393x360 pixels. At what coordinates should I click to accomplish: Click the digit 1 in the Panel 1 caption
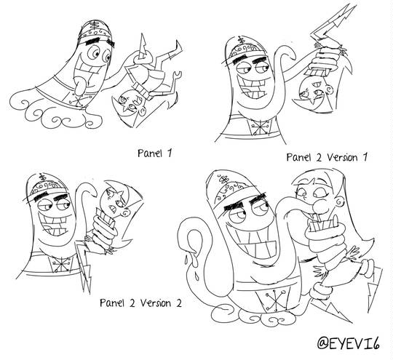click(170, 153)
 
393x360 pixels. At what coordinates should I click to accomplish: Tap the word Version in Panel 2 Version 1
click(342, 158)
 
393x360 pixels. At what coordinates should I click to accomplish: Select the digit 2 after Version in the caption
click(178, 303)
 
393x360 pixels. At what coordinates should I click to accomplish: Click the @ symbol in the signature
click(322, 343)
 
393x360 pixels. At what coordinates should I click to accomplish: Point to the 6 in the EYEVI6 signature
click(375, 343)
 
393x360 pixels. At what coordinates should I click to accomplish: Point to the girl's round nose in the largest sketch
click(319, 206)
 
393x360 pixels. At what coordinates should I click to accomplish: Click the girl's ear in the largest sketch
click(340, 201)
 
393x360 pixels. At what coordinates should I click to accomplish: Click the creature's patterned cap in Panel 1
click(96, 31)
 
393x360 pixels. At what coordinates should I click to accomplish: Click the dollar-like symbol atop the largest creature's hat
click(224, 180)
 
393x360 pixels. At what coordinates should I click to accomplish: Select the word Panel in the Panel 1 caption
click(150, 153)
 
